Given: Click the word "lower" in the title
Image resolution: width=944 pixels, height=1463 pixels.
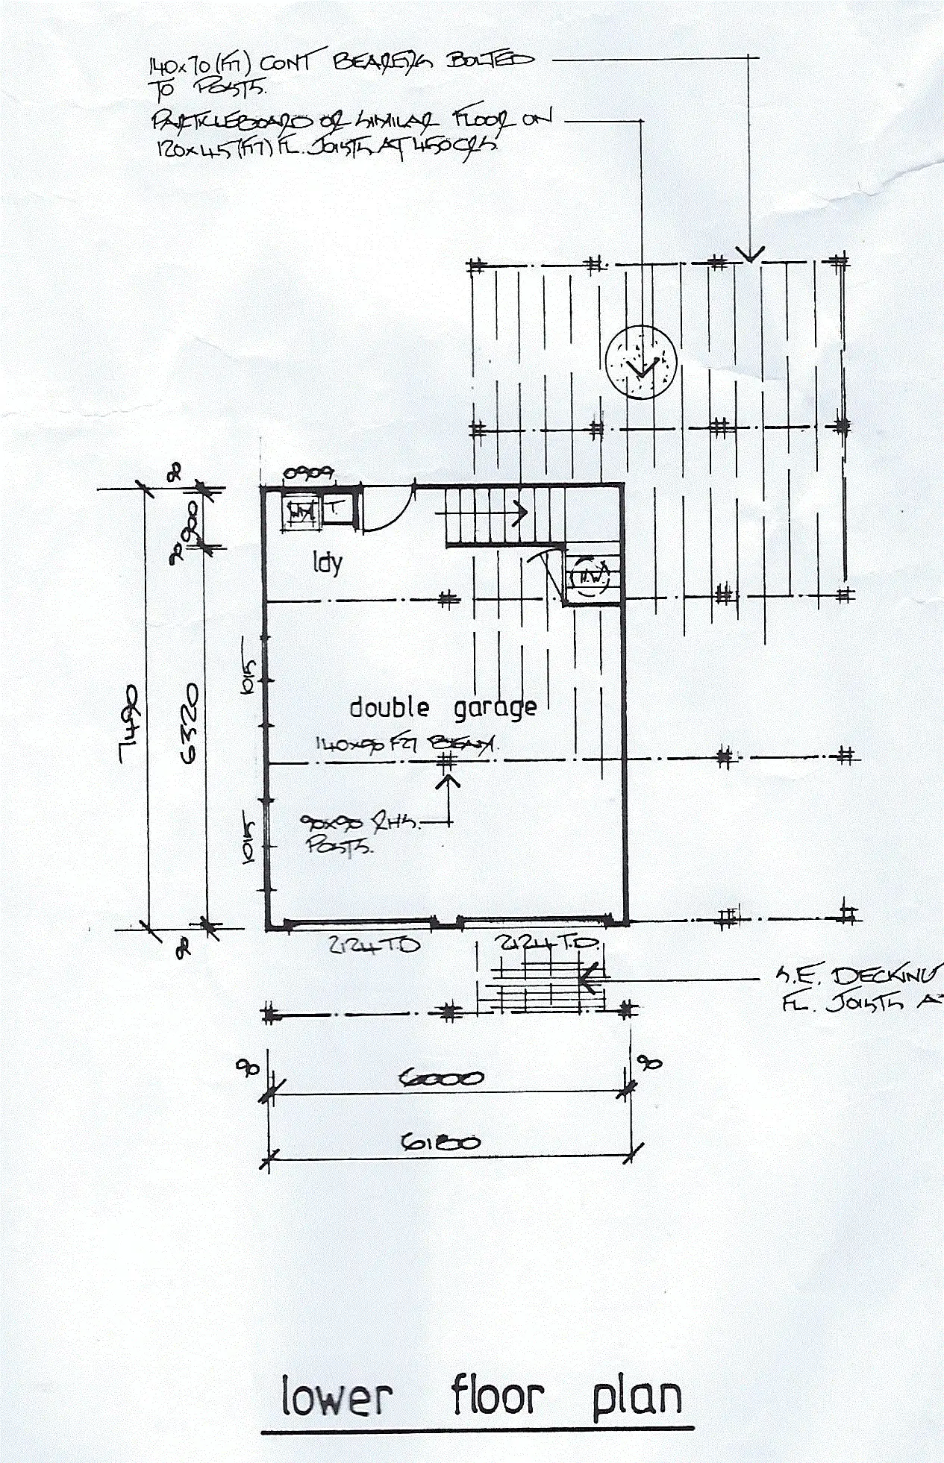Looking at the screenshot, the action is tap(337, 1397).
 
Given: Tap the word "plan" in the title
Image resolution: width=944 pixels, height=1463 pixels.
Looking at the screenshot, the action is tap(637, 1400).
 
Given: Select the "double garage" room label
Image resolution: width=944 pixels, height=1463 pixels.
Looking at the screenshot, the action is tap(443, 707).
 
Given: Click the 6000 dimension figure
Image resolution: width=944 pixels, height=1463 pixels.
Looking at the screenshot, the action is tap(442, 1077).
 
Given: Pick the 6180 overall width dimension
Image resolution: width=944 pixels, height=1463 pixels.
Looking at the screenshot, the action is tap(440, 1141).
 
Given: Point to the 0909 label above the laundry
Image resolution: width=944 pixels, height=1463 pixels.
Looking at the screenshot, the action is tap(309, 473).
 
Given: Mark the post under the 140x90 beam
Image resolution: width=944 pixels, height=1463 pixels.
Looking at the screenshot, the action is tap(447, 761).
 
